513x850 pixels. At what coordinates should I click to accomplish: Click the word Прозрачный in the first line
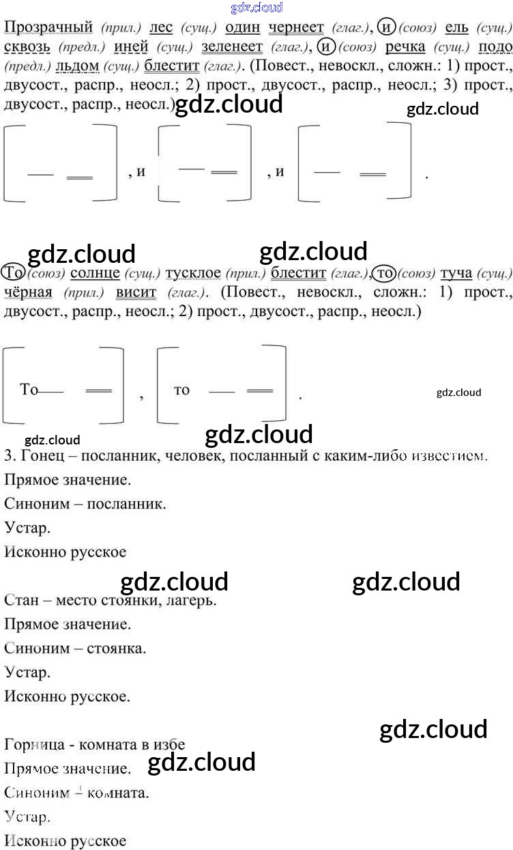coord(48,28)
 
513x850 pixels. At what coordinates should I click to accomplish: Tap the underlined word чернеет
coord(296,28)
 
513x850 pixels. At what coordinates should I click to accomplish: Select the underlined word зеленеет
coord(232,47)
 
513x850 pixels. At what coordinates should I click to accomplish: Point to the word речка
coord(405,47)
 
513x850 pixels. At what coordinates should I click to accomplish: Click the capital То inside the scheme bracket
coord(29,390)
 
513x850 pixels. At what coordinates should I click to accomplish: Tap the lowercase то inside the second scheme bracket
coord(181,391)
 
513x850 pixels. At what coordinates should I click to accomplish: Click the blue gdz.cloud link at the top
coord(257,8)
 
